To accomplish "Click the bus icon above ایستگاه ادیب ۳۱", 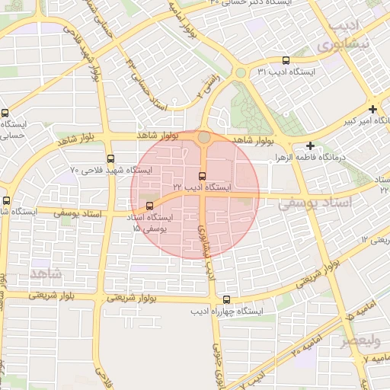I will [x=286, y=60].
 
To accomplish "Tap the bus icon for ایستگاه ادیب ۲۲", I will [x=202, y=176].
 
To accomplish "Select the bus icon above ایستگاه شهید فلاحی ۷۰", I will [x=111, y=159].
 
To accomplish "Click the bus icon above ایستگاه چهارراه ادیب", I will [x=227, y=300].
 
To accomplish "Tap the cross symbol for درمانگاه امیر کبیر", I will [x=372, y=109].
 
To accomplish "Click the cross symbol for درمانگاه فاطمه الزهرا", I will [x=310, y=145].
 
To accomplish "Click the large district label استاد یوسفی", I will [x=314, y=203].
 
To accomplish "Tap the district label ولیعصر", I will [x=361, y=340].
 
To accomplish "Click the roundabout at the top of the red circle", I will [x=204, y=138].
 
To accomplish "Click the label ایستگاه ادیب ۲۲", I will [x=202, y=187].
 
